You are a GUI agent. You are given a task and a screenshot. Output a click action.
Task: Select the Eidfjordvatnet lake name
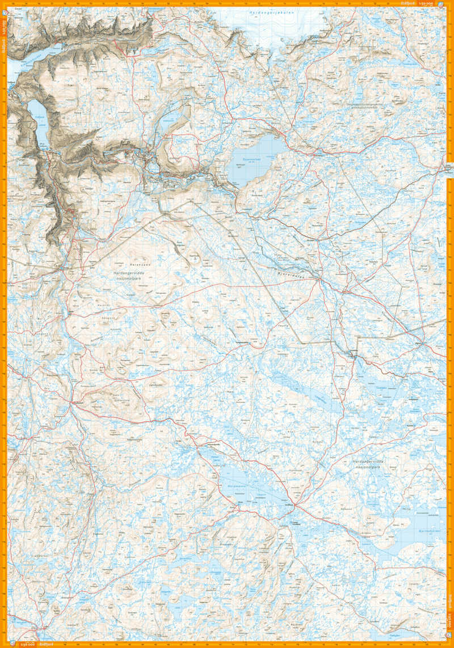[x=40, y=119]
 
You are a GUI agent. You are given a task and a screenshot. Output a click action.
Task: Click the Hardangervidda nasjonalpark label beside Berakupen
[x=125, y=276]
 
